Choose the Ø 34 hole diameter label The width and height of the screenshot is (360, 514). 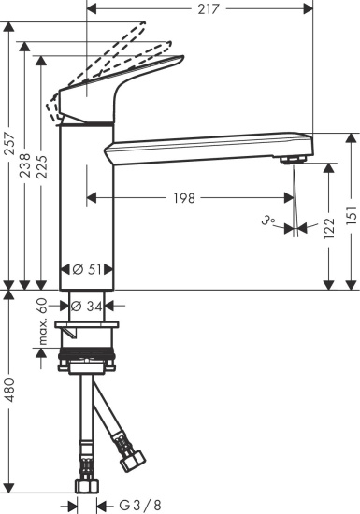[x=91, y=305]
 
